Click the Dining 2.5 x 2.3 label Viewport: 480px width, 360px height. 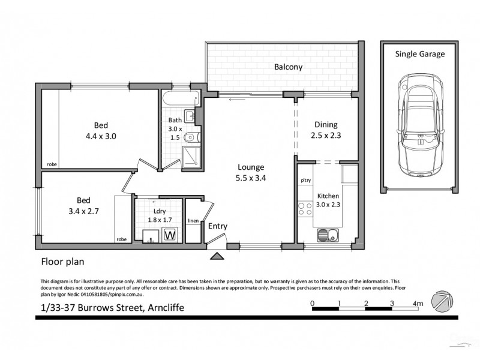pyautogui.click(x=327, y=130)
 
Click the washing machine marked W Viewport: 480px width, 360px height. pyautogui.click(x=170, y=234)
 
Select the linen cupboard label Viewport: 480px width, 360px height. pyautogui.click(x=193, y=220)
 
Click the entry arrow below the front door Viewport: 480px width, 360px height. pyautogui.click(x=217, y=257)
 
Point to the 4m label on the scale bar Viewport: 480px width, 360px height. pyautogui.click(x=418, y=304)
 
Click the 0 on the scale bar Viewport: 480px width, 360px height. pyautogui.click(x=313, y=304)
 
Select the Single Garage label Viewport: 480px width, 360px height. pyautogui.click(x=419, y=54)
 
